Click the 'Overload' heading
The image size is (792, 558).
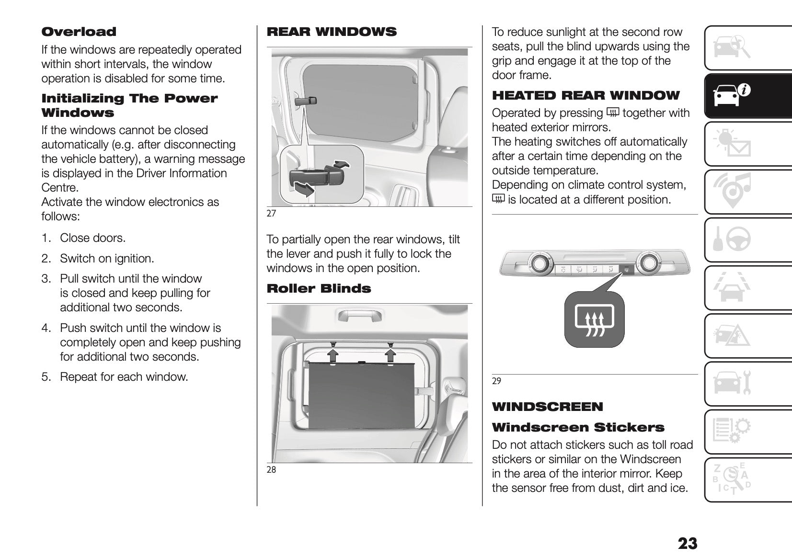[x=79, y=32]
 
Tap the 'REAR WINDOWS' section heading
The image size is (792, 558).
[x=332, y=32]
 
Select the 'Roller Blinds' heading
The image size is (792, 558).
[x=319, y=289]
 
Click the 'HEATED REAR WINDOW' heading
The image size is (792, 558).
[x=585, y=96]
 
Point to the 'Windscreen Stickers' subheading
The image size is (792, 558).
[x=578, y=428]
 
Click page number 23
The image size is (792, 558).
[x=687, y=544]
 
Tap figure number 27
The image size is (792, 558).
[x=271, y=214]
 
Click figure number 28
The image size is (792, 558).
[x=271, y=470]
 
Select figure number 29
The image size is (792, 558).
[x=496, y=381]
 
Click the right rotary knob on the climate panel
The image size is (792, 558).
[x=648, y=262]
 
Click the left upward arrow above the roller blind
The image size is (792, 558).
[x=333, y=354]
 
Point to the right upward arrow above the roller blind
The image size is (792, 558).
[x=390, y=354]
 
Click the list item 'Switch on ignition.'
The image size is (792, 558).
[x=107, y=259]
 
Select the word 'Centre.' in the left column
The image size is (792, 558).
[x=60, y=188]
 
